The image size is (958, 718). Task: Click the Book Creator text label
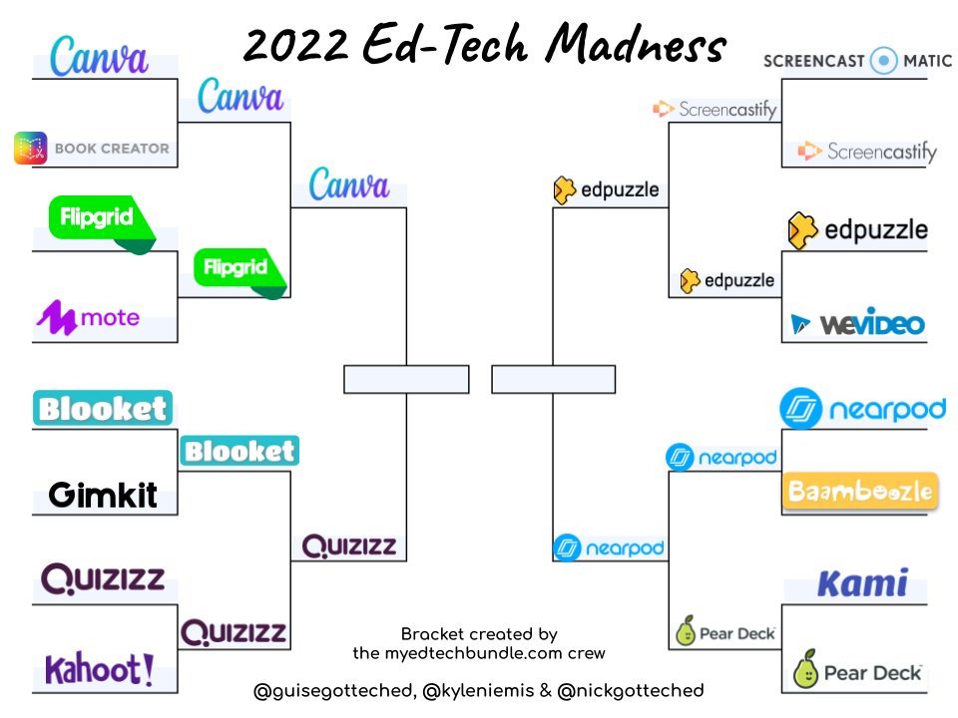pyautogui.click(x=112, y=149)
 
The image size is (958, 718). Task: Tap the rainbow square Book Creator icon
pyautogui.click(x=30, y=149)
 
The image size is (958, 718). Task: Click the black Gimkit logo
pyautogui.click(x=103, y=494)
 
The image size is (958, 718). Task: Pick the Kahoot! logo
pyautogui.click(x=99, y=669)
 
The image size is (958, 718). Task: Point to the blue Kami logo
pyautogui.click(x=862, y=583)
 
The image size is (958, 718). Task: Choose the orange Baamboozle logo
pyautogui.click(x=860, y=491)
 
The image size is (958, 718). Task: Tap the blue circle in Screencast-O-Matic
pyautogui.click(x=884, y=61)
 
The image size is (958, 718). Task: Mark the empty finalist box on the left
pyautogui.click(x=406, y=380)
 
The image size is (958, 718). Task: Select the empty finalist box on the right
pyautogui.click(x=553, y=380)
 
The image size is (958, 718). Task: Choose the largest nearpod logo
pyautogui.click(x=862, y=409)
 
